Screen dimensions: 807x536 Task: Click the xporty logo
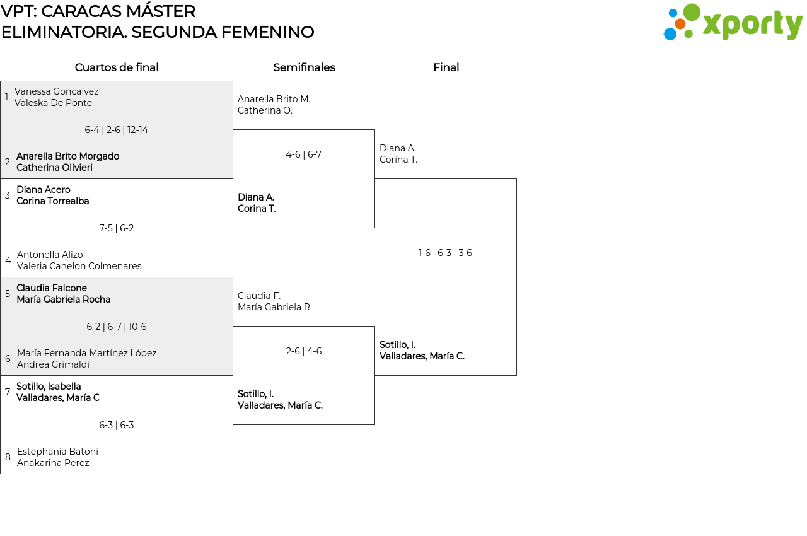point(733,22)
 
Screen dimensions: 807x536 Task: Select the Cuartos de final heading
point(117,67)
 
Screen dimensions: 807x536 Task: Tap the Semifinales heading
point(304,67)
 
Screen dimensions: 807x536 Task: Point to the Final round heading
point(446,67)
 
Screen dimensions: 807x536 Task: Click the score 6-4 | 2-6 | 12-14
point(117,130)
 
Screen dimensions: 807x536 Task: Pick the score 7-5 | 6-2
point(117,228)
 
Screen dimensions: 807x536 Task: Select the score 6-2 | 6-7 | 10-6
point(117,327)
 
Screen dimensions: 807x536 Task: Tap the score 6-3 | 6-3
point(117,424)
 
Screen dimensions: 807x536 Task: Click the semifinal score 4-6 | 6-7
point(304,154)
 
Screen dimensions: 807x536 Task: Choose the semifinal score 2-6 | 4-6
point(304,351)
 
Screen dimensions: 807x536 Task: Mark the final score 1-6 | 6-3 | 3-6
point(445,252)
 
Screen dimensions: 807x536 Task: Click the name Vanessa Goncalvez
point(57,91)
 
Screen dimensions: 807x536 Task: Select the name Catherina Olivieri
point(54,168)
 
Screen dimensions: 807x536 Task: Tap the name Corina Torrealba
point(52,201)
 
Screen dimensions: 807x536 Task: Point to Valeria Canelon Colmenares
point(79,266)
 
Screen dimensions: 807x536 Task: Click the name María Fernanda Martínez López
point(87,353)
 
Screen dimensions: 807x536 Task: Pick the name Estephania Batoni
point(57,452)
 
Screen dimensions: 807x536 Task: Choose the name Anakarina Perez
point(53,462)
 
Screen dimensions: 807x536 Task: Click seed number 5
point(8,294)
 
